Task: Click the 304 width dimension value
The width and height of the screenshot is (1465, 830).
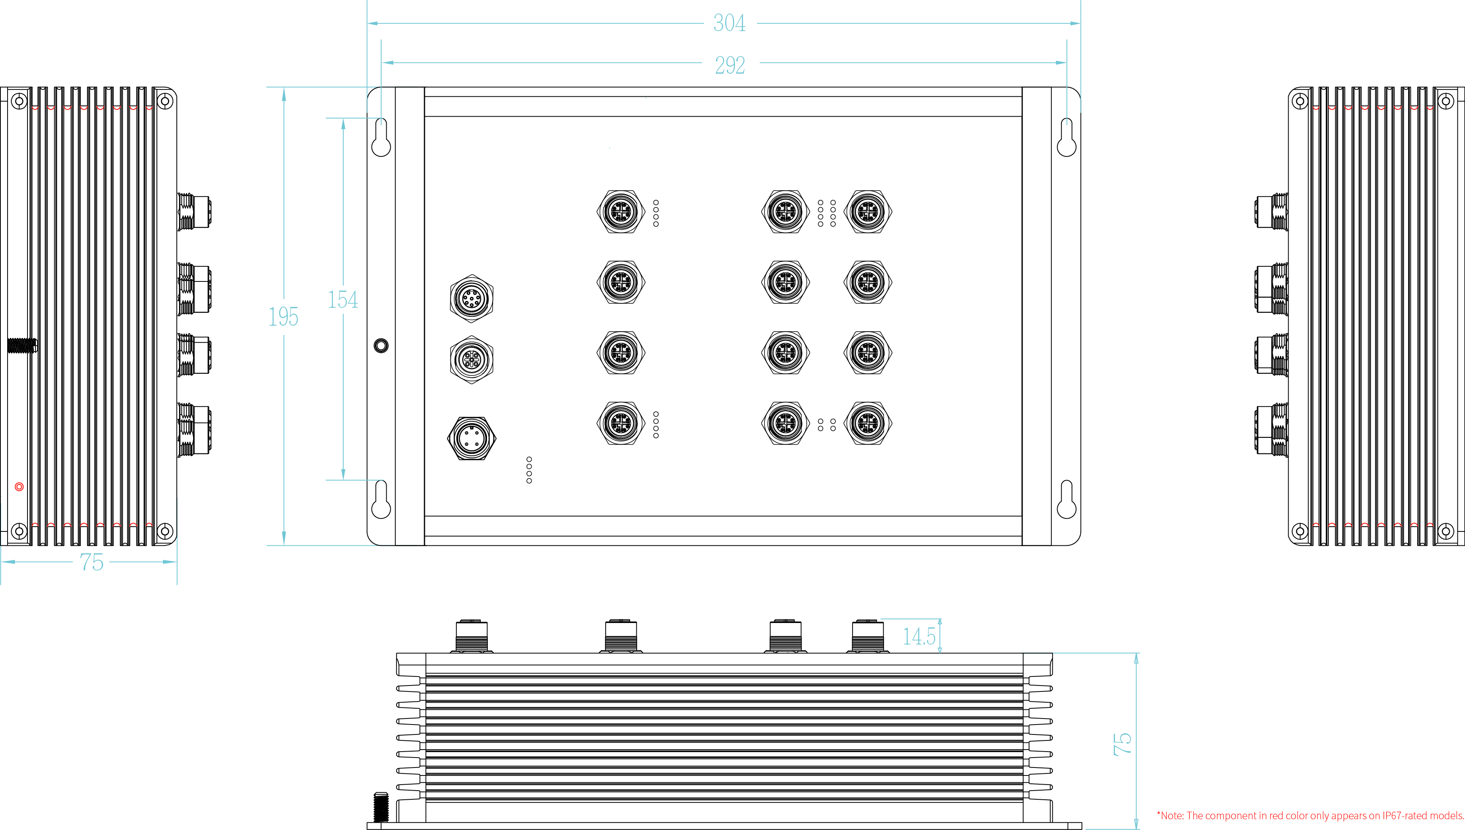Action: point(729,23)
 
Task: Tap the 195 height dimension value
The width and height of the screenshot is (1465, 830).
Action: point(283,316)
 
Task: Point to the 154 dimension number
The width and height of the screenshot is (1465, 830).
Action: point(342,299)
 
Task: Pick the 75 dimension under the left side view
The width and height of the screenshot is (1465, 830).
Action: point(92,562)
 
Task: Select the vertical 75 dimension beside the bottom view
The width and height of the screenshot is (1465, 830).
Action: point(1122,744)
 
